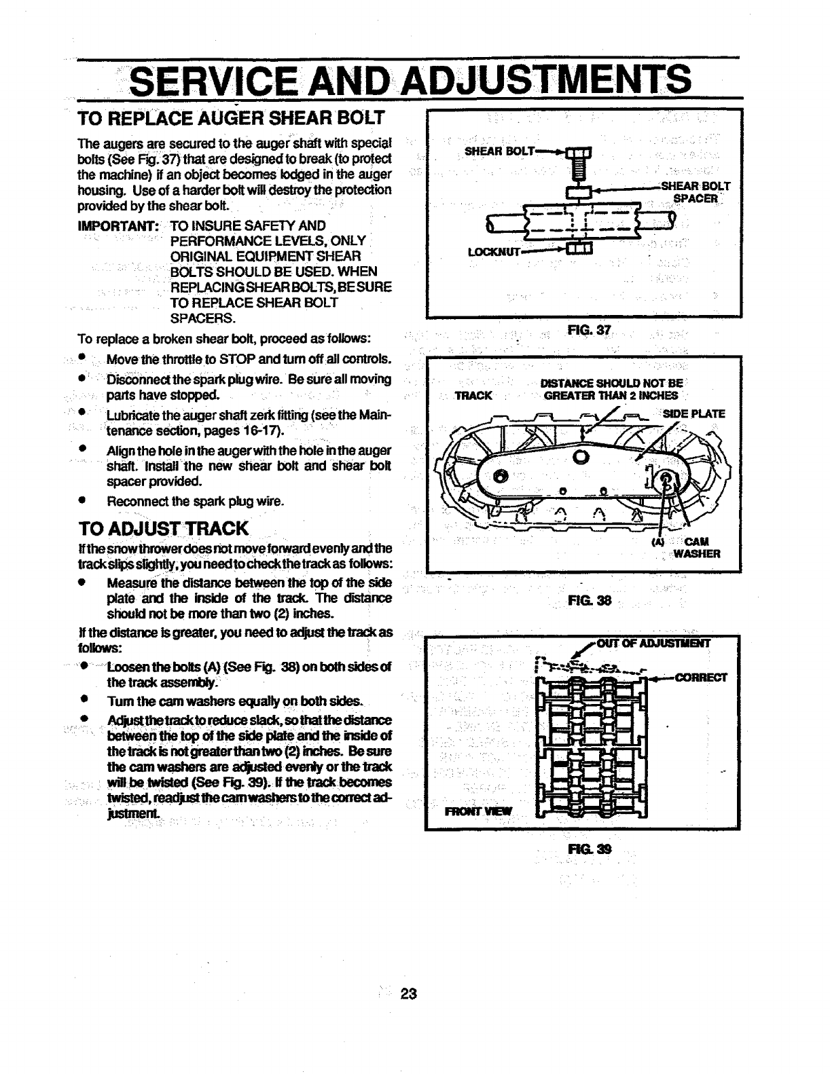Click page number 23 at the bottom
(408, 994)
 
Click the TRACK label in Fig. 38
(473, 396)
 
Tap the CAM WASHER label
(696, 547)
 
